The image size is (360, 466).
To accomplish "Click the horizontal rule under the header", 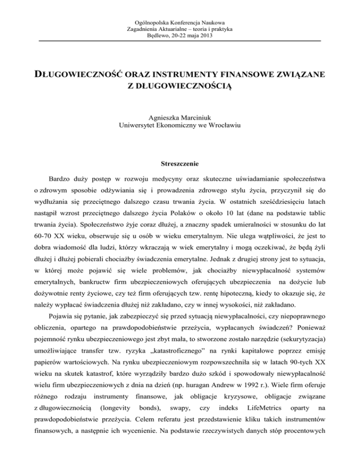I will point(180,41).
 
